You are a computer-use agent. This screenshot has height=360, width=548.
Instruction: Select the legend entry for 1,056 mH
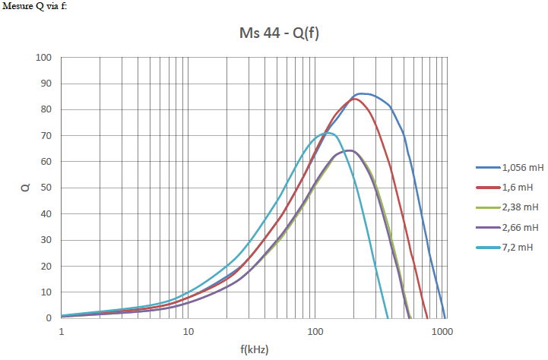click(519, 167)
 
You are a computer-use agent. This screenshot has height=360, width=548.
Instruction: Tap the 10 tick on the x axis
click(188, 332)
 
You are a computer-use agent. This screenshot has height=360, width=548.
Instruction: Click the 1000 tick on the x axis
click(444, 332)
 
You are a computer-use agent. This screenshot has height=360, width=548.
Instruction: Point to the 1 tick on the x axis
click(62, 332)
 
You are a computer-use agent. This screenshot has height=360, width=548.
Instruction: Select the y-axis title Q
click(24, 188)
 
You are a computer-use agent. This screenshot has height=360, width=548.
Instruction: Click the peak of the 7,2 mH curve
click(328, 133)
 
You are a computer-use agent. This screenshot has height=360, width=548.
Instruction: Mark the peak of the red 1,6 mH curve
click(354, 99)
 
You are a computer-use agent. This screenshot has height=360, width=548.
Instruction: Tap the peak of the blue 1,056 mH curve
click(363, 93)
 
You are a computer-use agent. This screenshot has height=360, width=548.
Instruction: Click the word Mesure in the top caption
click(17, 6)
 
